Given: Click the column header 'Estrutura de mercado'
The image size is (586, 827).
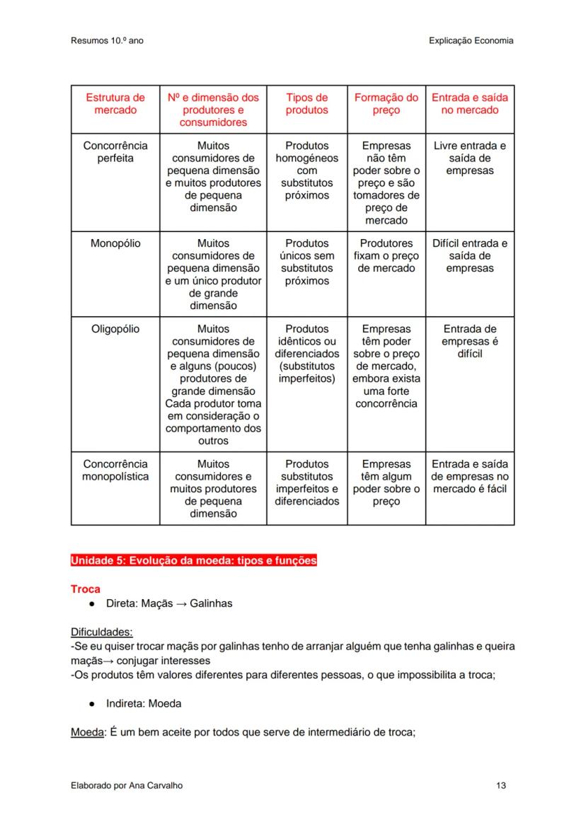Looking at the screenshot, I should (115, 104).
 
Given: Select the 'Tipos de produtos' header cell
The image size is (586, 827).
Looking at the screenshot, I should (306, 104).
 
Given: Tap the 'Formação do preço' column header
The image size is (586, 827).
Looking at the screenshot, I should (386, 104).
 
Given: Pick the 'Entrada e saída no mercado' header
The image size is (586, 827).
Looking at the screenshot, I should (469, 104).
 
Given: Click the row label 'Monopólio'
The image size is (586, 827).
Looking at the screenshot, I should (115, 243).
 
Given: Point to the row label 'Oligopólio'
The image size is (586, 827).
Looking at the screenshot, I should (115, 329).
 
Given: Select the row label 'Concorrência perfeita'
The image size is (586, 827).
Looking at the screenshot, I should (115, 152).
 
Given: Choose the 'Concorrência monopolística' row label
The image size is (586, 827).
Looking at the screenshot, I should (115, 470).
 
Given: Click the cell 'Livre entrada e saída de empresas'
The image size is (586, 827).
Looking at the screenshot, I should (469, 158).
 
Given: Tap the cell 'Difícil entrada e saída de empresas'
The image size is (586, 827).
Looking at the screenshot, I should (469, 256).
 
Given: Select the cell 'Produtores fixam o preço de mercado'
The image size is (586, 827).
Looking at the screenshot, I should (386, 256).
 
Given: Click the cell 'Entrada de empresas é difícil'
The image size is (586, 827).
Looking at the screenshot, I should (469, 341).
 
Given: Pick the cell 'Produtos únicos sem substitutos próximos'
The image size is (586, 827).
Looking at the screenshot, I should (306, 262).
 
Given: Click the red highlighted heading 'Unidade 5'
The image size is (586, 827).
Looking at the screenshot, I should (193, 561).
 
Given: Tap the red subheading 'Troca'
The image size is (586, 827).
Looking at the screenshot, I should (86, 589).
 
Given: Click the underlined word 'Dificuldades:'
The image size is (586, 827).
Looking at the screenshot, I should (101, 632).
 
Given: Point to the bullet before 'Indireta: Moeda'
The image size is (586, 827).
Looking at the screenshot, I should (93, 704).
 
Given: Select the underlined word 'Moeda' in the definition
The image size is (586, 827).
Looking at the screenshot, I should (87, 732).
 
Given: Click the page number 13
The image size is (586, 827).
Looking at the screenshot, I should (501, 785).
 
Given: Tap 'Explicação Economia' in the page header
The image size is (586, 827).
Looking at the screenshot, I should (471, 41).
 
